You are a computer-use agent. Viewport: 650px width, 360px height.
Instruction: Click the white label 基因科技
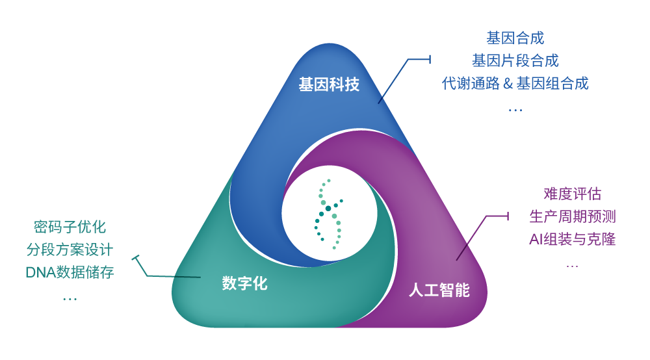329,84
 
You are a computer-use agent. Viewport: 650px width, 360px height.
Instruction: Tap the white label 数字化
244,283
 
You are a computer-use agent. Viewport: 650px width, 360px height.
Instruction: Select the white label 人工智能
439,290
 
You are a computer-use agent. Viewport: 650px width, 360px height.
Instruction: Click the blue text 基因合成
515,38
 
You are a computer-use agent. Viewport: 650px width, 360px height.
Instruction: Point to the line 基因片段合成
515,61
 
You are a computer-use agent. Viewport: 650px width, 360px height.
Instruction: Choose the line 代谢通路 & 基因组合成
515,84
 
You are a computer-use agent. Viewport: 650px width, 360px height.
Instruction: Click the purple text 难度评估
572,194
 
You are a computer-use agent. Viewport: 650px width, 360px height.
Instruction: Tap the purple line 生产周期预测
572,216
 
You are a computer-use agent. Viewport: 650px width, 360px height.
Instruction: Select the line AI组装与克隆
572,239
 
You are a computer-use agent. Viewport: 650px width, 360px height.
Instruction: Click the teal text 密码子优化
70,227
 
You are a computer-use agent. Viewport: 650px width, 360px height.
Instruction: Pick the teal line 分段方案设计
70,250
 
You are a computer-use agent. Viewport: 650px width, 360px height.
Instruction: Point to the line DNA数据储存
70,272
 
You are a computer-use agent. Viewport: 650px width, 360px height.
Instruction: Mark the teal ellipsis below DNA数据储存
70,299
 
